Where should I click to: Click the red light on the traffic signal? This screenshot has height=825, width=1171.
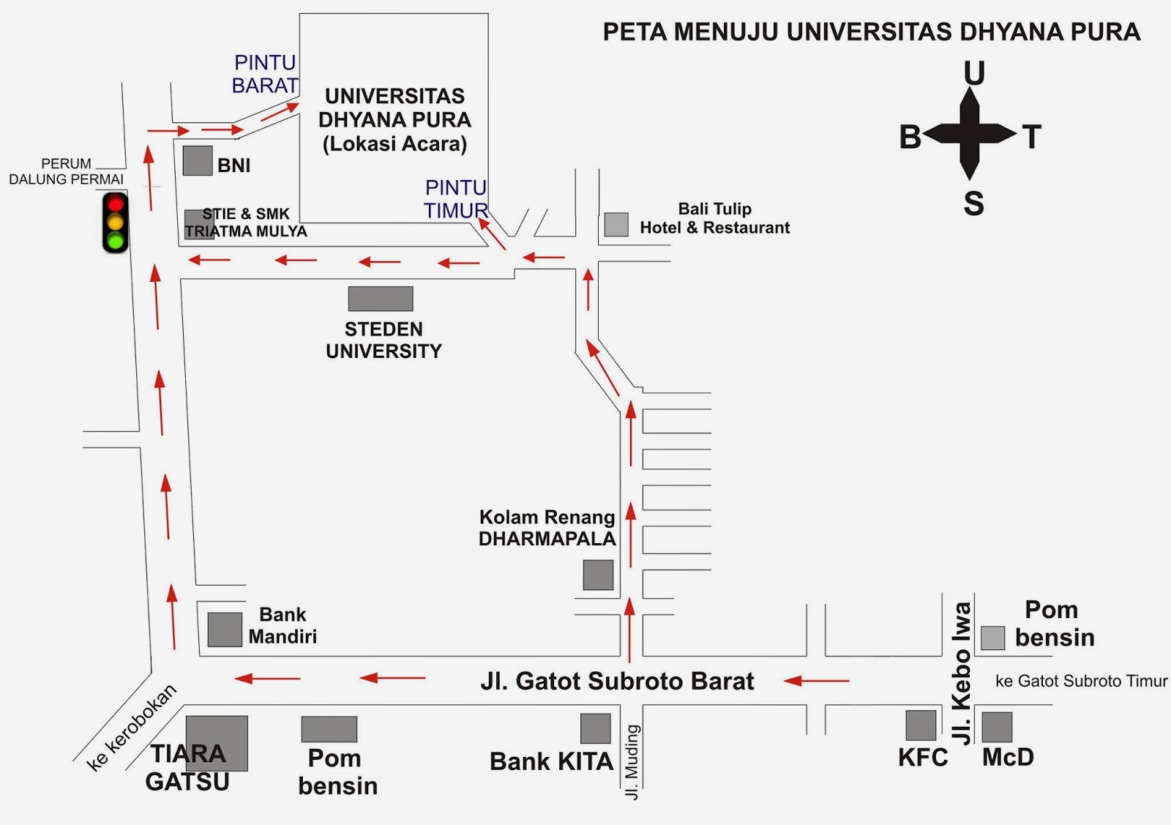(x=116, y=204)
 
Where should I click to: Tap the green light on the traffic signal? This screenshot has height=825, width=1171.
(x=116, y=240)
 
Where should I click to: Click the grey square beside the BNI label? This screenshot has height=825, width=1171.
(x=197, y=161)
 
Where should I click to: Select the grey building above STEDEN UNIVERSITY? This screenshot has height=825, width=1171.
(x=381, y=299)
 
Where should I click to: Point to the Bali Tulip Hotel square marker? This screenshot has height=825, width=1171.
(x=616, y=224)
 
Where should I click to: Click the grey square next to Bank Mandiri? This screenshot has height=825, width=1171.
(x=225, y=630)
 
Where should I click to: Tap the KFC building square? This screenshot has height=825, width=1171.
(x=921, y=725)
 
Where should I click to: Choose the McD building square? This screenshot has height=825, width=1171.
(x=997, y=727)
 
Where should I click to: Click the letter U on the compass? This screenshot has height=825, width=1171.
(x=974, y=73)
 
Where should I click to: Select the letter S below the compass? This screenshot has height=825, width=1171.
(x=973, y=204)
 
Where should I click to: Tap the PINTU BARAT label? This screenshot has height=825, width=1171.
(x=265, y=74)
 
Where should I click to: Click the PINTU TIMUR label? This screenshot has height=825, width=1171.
(x=456, y=199)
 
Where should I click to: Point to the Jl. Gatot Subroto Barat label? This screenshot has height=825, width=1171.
(x=617, y=682)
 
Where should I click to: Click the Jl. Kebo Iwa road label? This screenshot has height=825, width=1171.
(x=962, y=673)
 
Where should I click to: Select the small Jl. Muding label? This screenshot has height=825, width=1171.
(x=633, y=762)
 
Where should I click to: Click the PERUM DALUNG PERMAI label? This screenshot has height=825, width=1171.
(x=66, y=171)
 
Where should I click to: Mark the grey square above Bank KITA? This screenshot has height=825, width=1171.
(x=596, y=728)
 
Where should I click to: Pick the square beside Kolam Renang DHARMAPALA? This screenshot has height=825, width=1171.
(x=598, y=575)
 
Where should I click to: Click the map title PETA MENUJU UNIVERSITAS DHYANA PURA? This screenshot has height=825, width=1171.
(x=871, y=32)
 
